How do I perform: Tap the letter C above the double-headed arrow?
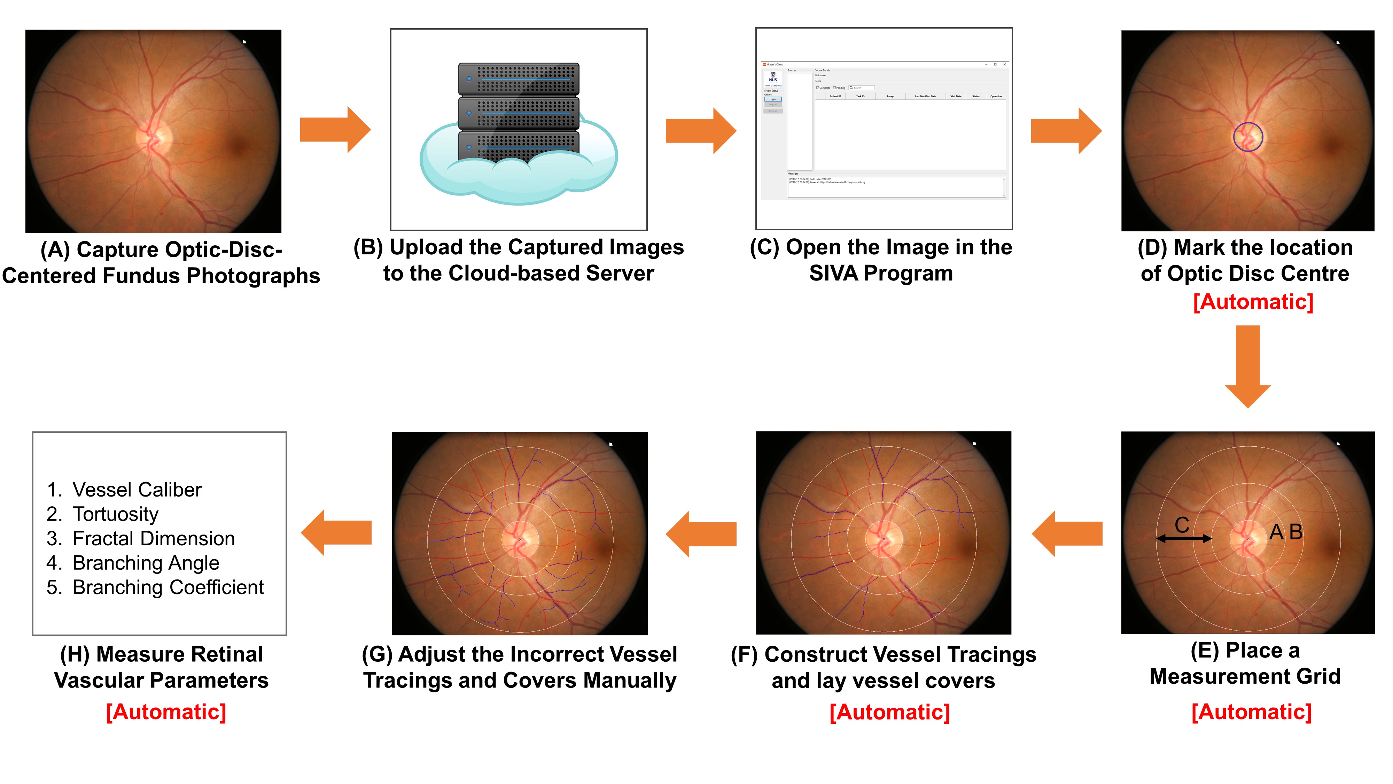1182,525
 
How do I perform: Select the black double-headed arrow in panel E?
1184,538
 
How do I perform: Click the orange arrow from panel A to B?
335,130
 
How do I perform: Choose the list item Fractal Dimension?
154,538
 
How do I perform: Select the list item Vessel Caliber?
137,490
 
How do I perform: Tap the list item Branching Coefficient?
168,587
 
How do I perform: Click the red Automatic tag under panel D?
1253,302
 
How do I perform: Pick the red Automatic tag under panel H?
166,712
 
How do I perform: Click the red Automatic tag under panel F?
889,712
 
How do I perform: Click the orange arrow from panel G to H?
336,532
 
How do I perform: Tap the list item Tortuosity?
115,514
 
